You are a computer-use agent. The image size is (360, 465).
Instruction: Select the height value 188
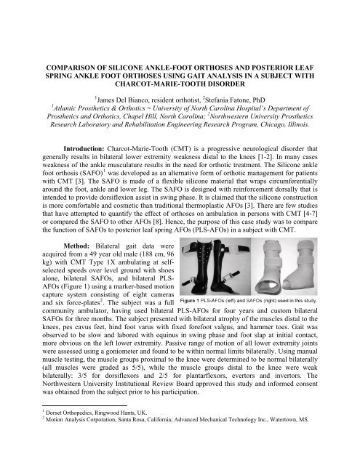129,258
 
